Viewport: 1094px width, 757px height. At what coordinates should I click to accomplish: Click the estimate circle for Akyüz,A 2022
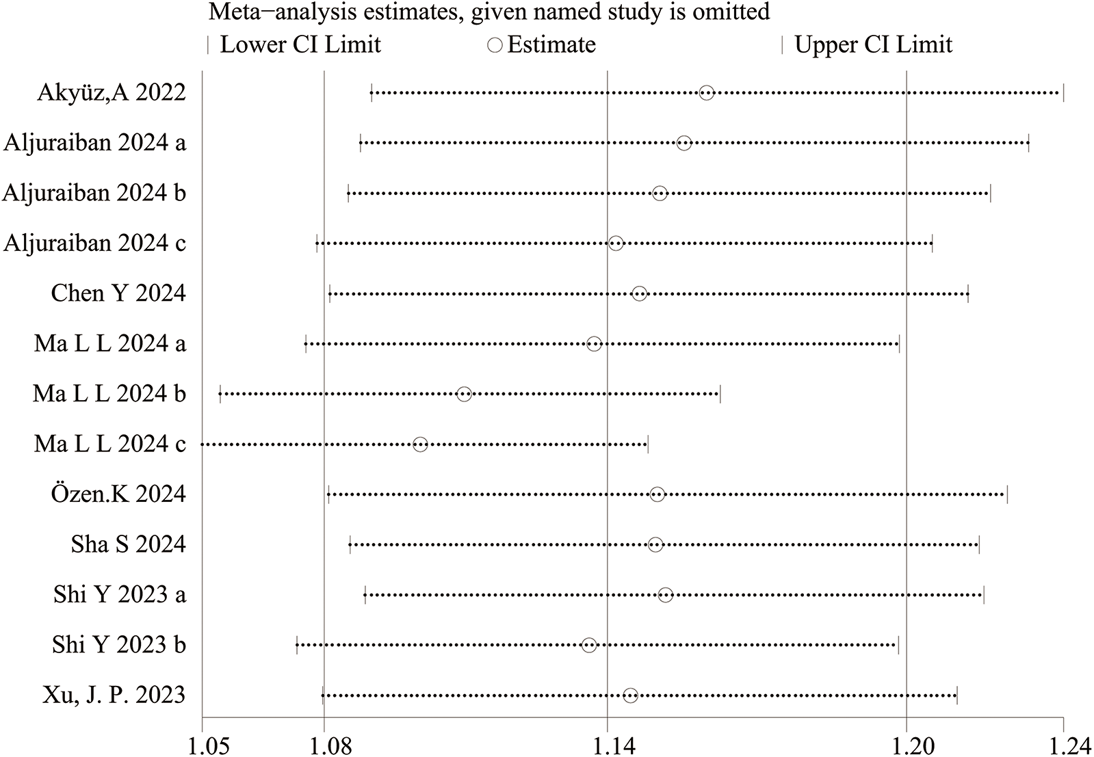click(x=707, y=93)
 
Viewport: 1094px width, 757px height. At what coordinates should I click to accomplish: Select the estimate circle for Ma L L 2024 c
click(x=420, y=444)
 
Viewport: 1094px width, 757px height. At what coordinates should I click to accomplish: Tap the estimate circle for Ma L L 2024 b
click(x=464, y=394)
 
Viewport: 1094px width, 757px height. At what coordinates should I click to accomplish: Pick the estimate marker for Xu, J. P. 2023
click(x=630, y=695)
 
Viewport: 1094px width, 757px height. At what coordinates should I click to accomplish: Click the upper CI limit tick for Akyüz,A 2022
click(x=1063, y=93)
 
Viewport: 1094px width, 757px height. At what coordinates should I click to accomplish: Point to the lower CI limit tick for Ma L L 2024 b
click(x=220, y=394)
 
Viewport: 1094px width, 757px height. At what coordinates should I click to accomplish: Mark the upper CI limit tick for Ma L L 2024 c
click(x=647, y=444)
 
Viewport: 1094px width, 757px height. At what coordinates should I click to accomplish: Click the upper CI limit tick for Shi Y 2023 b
click(x=898, y=645)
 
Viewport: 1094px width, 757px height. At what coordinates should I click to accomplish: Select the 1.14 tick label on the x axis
click(x=607, y=744)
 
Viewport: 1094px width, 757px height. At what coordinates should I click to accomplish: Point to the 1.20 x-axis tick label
click(x=906, y=744)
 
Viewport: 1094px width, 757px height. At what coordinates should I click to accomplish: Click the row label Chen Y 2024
click(x=118, y=293)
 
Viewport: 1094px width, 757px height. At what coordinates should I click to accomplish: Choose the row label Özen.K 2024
click(x=118, y=494)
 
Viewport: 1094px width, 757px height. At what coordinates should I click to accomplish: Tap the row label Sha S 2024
click(x=128, y=544)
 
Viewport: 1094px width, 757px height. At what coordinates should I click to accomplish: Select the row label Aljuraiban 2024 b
click(x=94, y=194)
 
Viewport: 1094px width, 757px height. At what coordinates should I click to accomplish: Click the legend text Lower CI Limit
click(x=300, y=45)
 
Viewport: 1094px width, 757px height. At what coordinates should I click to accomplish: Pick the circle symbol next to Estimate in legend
click(x=495, y=45)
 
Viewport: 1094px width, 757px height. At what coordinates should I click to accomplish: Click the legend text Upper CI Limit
click(x=873, y=45)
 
